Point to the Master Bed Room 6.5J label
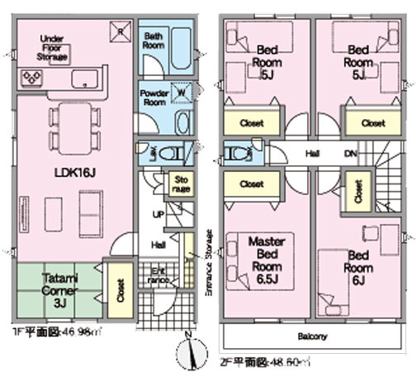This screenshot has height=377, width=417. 268,255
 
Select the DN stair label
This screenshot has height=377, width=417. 350,154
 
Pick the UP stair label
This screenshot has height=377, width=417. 156,214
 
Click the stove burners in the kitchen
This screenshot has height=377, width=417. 34,79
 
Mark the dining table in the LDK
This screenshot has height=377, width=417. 73,129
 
